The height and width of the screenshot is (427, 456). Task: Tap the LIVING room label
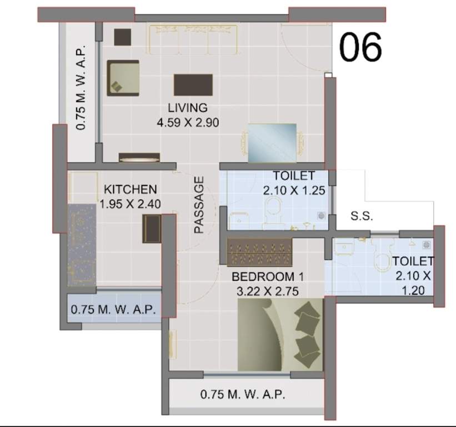187,108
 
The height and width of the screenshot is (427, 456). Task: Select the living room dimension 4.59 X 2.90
187,122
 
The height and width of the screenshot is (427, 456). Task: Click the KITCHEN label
131,190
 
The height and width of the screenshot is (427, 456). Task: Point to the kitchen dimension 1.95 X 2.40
131,204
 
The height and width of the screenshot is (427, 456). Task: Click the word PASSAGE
199,204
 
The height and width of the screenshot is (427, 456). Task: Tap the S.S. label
362,216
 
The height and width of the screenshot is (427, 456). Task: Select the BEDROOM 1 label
268,276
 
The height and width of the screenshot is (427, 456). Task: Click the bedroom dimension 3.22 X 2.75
268,290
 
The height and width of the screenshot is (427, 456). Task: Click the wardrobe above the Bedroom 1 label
260,252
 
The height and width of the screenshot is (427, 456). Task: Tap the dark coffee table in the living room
193,85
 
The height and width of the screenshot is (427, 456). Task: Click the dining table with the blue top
272,142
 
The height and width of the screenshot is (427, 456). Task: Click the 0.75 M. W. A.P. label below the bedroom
243,395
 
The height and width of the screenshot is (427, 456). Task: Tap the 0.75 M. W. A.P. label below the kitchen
113,309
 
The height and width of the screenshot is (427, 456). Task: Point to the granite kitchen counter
82,245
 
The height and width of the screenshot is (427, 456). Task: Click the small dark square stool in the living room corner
122,37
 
